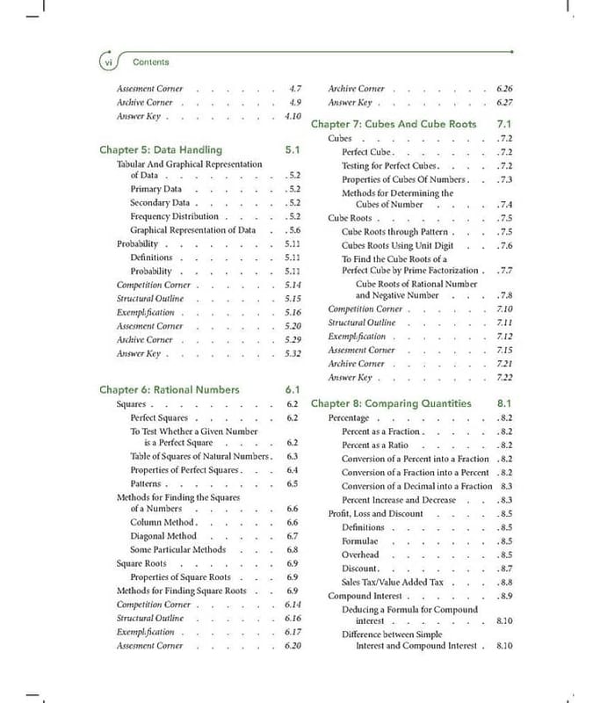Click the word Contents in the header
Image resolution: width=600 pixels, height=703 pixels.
(x=150, y=62)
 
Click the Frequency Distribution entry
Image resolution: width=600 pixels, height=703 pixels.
(x=174, y=216)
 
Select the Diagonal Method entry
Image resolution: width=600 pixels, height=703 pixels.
(x=163, y=536)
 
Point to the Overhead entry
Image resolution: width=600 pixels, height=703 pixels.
(x=360, y=555)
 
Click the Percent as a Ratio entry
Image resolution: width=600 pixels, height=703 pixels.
(x=375, y=446)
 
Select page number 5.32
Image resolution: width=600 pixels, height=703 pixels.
(x=293, y=354)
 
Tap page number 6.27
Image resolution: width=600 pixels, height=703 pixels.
(x=504, y=103)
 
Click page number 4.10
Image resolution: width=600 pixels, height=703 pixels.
(x=293, y=116)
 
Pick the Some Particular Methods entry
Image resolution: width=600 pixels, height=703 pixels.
(x=177, y=549)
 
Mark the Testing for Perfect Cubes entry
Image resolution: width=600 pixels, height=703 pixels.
(x=389, y=166)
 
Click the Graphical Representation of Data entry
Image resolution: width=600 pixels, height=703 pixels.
(x=192, y=230)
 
